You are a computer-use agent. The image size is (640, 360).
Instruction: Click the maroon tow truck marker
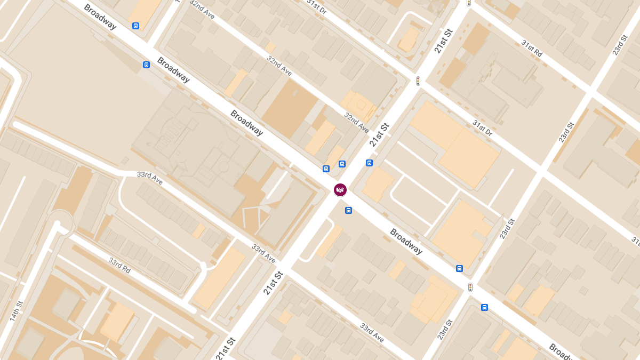coord(340,189)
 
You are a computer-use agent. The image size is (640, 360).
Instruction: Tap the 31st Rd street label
coord(532,49)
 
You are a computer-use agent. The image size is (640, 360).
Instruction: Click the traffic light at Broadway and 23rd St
coord(470,287)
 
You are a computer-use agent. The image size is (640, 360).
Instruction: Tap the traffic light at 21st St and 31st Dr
coord(418,81)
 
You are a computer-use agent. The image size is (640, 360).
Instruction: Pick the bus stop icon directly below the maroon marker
coord(348,210)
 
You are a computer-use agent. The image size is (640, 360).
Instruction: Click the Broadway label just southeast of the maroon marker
coord(406,241)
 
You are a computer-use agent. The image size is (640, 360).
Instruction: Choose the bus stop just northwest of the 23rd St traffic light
coord(459,268)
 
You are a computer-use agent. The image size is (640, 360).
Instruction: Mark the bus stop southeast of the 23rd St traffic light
coord(484,307)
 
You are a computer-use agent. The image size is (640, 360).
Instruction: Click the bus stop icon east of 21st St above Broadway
coord(369,163)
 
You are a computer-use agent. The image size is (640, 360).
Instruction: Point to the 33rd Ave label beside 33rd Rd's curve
coord(149,178)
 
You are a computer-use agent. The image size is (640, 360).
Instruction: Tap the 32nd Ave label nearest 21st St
coord(356,123)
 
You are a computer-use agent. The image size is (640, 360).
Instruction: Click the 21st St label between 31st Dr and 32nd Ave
coord(380,134)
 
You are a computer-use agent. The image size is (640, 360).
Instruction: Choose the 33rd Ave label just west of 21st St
coord(264,253)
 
